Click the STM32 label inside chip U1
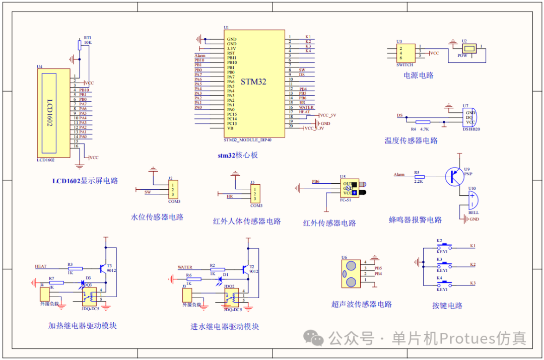coord(253,82)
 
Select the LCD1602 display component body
coord(53,113)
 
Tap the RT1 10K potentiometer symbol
coord(79,46)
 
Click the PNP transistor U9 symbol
coord(455,176)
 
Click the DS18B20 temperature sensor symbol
coord(470,118)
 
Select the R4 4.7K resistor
coord(423,122)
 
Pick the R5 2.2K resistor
coord(419,177)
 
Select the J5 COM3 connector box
coord(255,194)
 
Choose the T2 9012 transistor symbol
coord(246,270)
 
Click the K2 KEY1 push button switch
coord(445,246)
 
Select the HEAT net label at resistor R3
coord(41,266)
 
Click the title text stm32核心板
coord(238,155)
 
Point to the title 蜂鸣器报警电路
coord(415,220)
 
